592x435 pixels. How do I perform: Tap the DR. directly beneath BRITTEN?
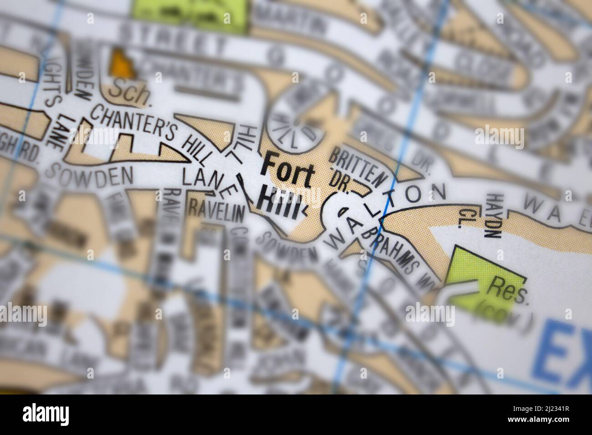click(340, 183)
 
